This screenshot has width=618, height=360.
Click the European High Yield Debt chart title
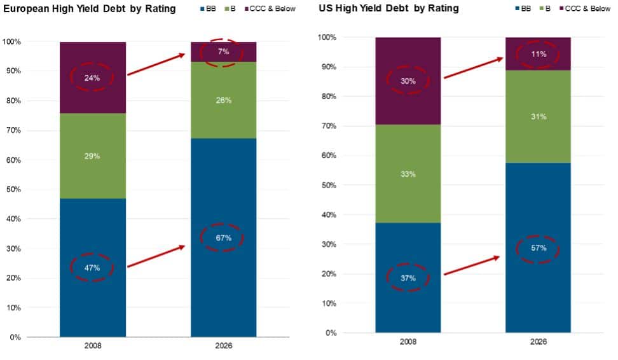pyautogui.click(x=88, y=9)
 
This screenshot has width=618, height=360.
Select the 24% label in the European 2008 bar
pyautogui.click(x=92, y=77)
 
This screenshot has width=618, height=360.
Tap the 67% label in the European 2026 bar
pyautogui.click(x=223, y=238)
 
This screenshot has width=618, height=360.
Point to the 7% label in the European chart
pyautogui.click(x=223, y=52)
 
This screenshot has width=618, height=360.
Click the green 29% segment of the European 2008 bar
pyautogui.click(x=92, y=156)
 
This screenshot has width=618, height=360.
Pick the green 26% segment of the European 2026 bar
pyautogui.click(x=223, y=100)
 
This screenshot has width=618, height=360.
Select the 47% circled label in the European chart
pyautogui.click(x=92, y=268)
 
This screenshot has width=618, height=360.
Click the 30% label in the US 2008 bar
pyautogui.click(x=408, y=81)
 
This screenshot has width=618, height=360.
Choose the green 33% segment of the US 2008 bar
pyautogui.click(x=408, y=174)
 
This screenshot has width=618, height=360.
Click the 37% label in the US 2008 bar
pyautogui.click(x=408, y=278)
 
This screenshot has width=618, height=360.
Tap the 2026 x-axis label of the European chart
pyautogui.click(x=223, y=347)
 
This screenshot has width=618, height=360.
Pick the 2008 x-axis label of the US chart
pyautogui.click(x=408, y=342)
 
